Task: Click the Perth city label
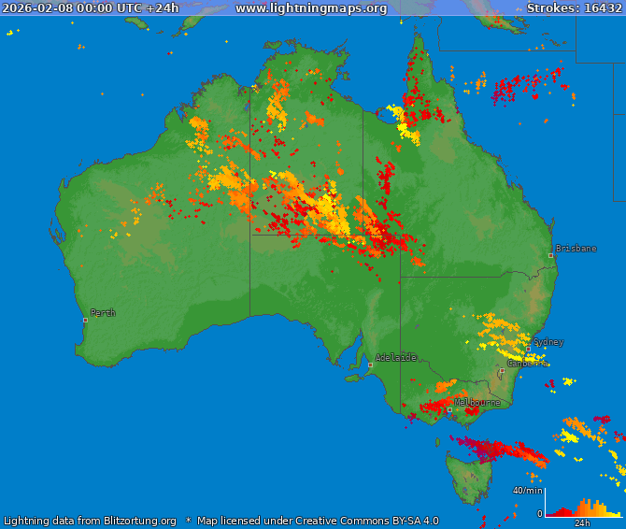(x=103, y=313)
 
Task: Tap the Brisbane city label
(x=576, y=249)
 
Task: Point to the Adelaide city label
(x=395, y=357)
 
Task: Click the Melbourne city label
(x=477, y=403)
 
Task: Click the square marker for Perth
(x=85, y=320)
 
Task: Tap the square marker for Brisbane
(x=550, y=255)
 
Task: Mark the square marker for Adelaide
(x=370, y=365)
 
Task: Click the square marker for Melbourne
(x=449, y=409)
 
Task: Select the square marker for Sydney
(x=528, y=349)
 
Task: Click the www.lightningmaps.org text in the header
(x=310, y=8)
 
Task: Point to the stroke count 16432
(x=600, y=8)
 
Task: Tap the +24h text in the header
(x=163, y=8)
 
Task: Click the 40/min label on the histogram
(x=527, y=490)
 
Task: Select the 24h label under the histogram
(x=582, y=522)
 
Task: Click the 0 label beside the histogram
(x=539, y=513)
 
